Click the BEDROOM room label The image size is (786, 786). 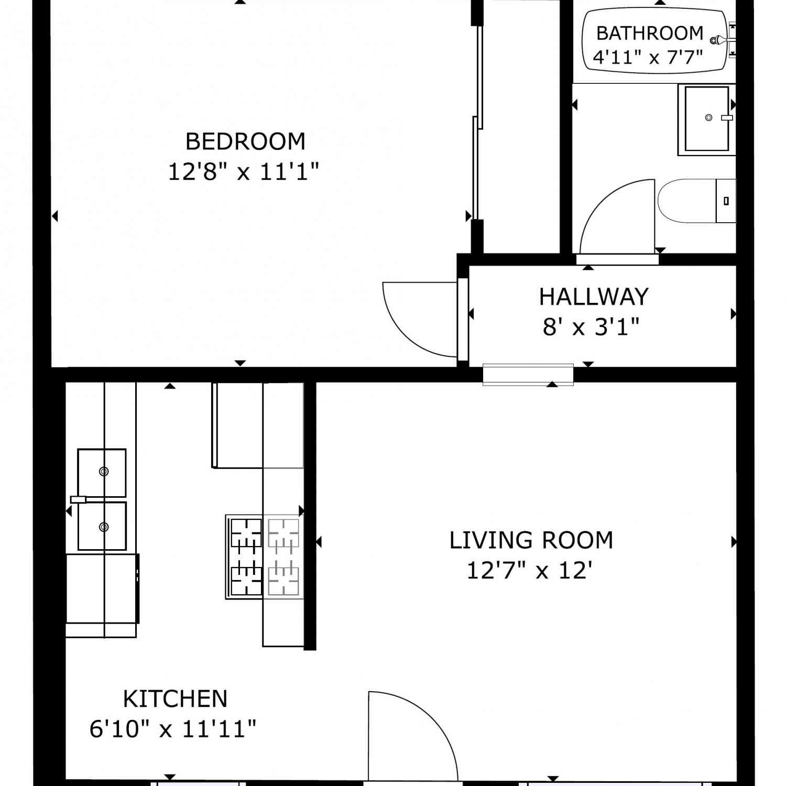[245, 141]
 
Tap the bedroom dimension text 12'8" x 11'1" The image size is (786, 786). [244, 171]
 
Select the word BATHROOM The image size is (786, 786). [650, 33]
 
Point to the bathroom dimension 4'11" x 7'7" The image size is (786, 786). [648, 56]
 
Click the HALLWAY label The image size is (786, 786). [594, 297]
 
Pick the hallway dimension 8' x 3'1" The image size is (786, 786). [591, 326]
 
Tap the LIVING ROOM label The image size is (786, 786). [531, 540]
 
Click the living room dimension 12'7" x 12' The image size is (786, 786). [530, 570]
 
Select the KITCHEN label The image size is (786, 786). [175, 698]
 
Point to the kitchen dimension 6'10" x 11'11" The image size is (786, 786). [173, 729]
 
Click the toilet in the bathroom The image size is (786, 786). [696, 201]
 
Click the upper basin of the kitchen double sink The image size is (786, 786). [102, 473]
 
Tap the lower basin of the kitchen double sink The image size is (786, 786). [102, 526]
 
